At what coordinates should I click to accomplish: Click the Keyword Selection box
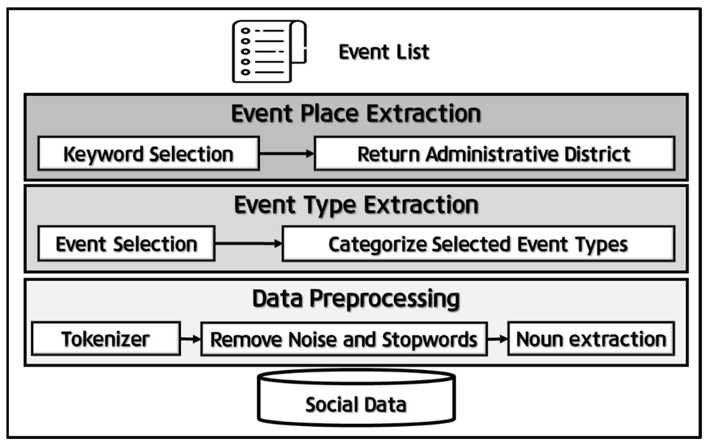point(149,153)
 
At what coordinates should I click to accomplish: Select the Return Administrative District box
point(494,153)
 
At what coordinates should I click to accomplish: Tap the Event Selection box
point(126,244)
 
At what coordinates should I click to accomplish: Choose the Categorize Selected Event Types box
point(478,244)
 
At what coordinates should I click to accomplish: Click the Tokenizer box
point(106,339)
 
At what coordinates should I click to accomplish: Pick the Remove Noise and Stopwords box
point(344,339)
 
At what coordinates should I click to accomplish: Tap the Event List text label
point(384,52)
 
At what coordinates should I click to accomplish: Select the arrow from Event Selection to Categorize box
point(248,243)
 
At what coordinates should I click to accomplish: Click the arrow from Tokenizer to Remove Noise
point(191,339)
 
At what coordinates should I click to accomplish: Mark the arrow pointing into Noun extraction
point(497,339)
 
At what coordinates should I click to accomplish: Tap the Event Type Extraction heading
point(356,205)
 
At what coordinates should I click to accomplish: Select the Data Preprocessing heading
point(356,299)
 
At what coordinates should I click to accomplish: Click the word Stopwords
point(429,340)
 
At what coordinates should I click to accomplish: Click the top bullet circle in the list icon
point(245,31)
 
